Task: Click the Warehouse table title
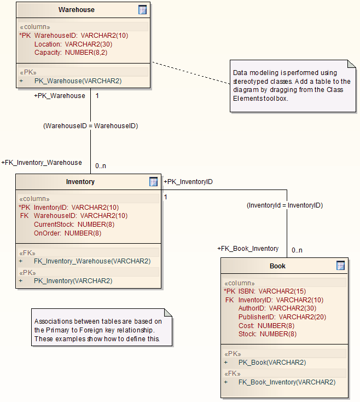pos(77,10)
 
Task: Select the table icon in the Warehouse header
pos(142,10)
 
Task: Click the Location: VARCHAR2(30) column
pos(73,44)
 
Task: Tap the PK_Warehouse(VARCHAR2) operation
pos(78,81)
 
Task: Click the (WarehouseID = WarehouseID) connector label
pos(90,126)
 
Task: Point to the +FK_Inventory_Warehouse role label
pos(42,163)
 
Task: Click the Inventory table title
pos(80,182)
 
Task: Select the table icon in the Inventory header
pos(154,182)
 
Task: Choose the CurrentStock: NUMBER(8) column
pos(74,225)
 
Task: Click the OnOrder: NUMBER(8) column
pos(67,233)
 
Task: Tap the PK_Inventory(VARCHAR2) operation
pos(73,281)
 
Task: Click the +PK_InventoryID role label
pos(188,182)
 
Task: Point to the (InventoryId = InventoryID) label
pos(284,205)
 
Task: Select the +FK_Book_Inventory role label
pos(248,249)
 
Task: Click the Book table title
pos(277,266)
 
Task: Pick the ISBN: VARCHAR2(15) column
pos(272,291)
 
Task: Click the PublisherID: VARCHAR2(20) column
pos(282,317)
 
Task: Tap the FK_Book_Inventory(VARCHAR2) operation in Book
pos(287,382)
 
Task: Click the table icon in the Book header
pos(340,266)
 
